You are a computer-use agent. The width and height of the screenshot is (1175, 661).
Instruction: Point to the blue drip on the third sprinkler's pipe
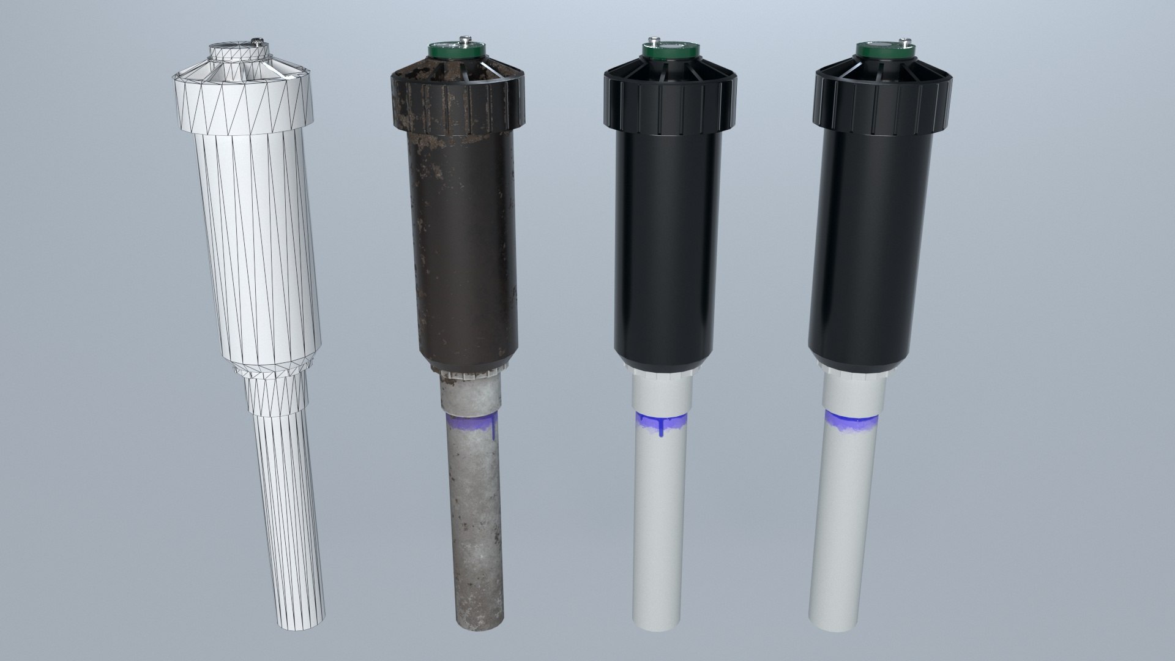click(661, 428)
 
